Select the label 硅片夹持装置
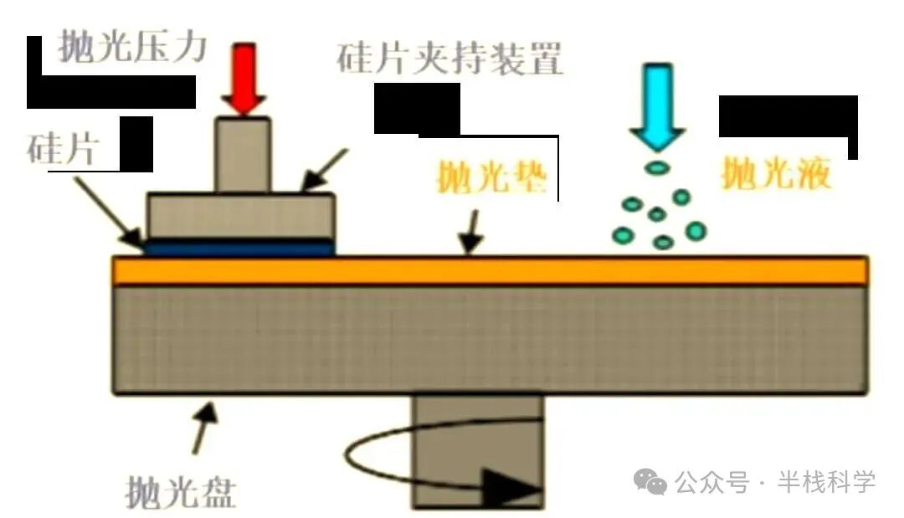pyautogui.click(x=450, y=60)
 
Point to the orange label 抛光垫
pyautogui.click(x=492, y=178)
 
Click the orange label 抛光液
pyautogui.click(x=776, y=174)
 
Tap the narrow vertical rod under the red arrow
pyautogui.click(x=242, y=155)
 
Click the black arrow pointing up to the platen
pyautogui.click(x=204, y=423)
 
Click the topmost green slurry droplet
pyautogui.click(x=658, y=167)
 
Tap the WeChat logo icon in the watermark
pyautogui.click(x=650, y=480)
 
